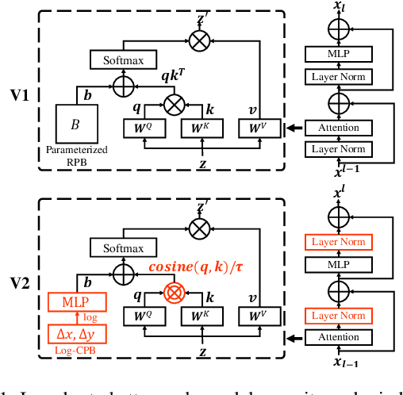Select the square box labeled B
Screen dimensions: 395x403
click(75, 125)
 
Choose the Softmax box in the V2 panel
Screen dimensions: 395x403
click(123, 247)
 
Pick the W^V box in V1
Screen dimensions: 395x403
click(259, 127)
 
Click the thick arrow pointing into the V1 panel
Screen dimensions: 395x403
click(293, 128)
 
